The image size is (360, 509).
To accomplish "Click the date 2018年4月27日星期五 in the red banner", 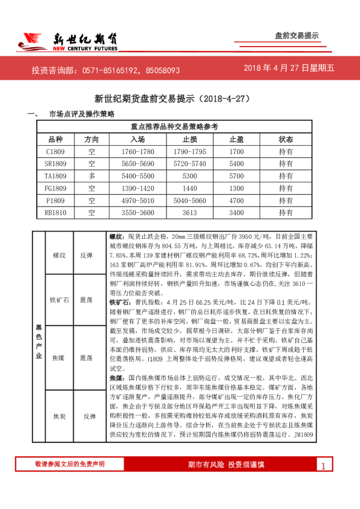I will click(x=289, y=68).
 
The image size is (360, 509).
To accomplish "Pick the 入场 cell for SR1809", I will click(x=137, y=164).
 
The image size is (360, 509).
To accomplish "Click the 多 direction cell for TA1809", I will click(x=91, y=176).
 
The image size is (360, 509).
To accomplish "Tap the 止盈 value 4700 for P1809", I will click(x=237, y=200).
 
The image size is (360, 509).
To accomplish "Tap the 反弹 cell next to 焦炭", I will click(x=89, y=417).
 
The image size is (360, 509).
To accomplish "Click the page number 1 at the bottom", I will click(x=324, y=465).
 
